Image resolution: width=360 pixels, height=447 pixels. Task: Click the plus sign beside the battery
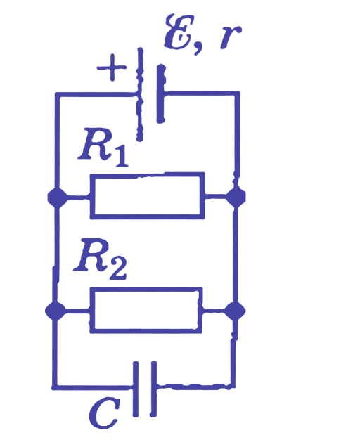(x=112, y=67)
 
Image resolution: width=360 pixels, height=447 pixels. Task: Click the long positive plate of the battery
(x=140, y=94)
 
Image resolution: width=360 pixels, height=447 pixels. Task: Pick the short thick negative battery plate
(x=161, y=93)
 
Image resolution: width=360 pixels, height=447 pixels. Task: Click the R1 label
(x=103, y=147)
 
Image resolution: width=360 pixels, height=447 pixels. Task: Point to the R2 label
(x=100, y=259)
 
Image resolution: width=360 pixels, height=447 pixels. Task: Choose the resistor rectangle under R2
(x=146, y=288)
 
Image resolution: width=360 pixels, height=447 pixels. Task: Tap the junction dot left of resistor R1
(x=58, y=197)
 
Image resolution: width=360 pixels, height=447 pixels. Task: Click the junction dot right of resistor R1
(x=236, y=197)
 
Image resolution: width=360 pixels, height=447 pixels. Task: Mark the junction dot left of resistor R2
(x=56, y=311)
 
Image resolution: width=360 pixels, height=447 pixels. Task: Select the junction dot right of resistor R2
(x=235, y=311)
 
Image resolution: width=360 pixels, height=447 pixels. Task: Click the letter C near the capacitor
(x=104, y=413)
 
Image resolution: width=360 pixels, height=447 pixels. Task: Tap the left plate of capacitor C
(x=136, y=389)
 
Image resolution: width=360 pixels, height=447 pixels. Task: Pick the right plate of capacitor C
(x=153, y=389)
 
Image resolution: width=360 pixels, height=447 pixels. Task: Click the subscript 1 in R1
(x=122, y=156)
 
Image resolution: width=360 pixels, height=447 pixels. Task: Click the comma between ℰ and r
(x=198, y=48)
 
